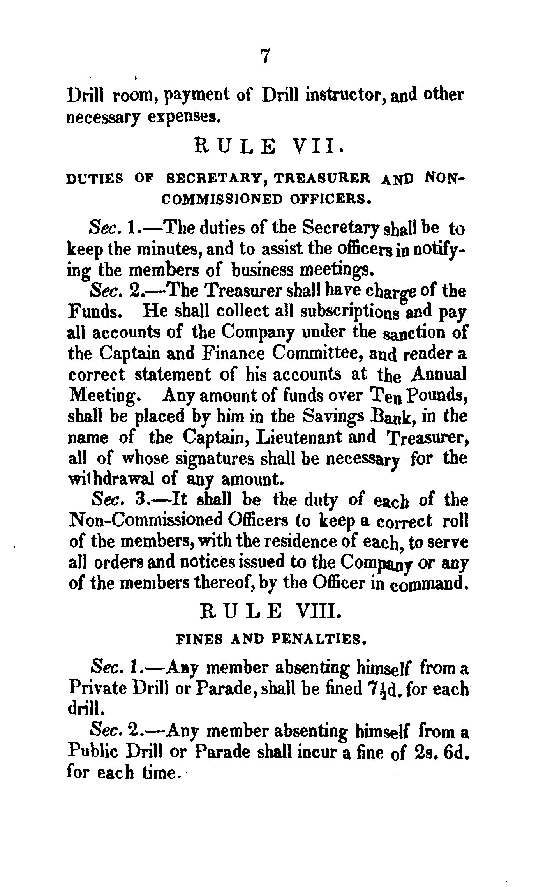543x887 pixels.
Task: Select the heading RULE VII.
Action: [x=269, y=148]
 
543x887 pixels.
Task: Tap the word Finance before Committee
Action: [x=233, y=353]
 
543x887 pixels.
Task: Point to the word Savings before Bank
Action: [x=332, y=416]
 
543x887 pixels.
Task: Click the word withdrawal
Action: [x=111, y=479]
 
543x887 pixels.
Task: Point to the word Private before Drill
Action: [x=97, y=689]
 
